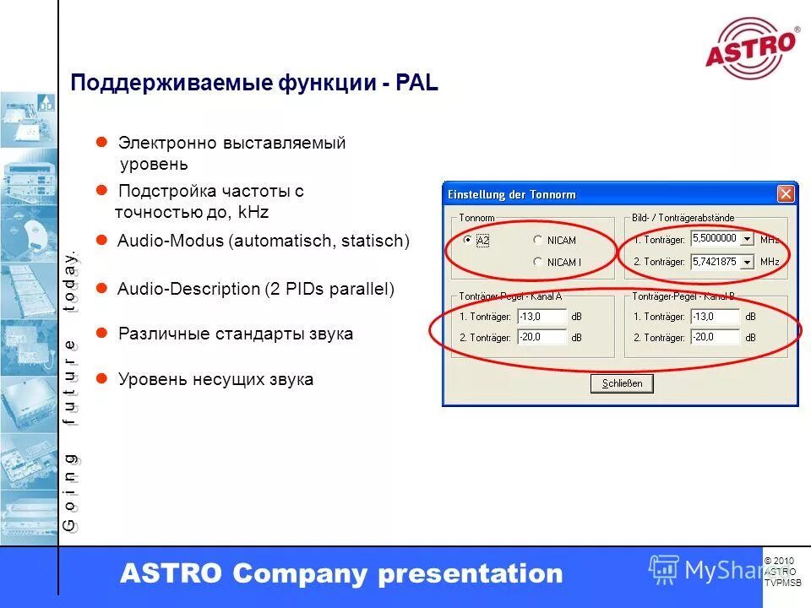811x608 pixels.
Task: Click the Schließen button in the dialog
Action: click(622, 383)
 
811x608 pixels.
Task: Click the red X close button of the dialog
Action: click(786, 194)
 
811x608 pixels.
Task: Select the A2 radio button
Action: click(468, 240)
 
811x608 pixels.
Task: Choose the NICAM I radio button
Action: click(537, 262)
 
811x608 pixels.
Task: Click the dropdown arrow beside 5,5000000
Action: click(746, 239)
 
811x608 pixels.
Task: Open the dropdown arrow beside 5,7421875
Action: click(746, 262)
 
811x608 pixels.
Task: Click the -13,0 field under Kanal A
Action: click(542, 317)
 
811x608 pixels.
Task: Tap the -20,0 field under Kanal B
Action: click(715, 337)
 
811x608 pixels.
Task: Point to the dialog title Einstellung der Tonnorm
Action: click(512, 195)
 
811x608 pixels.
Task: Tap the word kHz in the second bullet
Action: click(253, 212)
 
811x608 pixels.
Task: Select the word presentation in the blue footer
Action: click(470, 574)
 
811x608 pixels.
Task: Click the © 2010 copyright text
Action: click(779, 562)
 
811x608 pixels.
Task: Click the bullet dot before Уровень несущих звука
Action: click(101, 379)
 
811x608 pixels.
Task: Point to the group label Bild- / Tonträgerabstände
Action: click(683, 219)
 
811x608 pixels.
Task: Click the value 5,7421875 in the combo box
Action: click(714, 262)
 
